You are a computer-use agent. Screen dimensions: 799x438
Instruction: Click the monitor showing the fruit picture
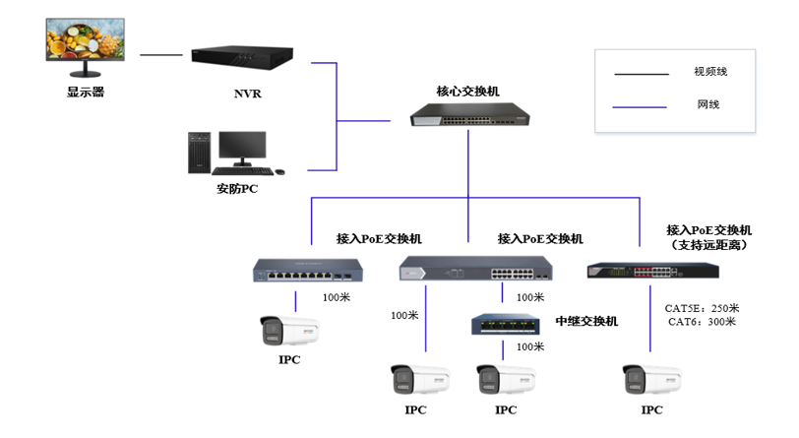tap(85, 47)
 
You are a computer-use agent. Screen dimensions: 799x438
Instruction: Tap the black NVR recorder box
tap(242, 57)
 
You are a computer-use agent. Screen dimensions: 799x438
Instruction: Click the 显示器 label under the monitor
tap(86, 93)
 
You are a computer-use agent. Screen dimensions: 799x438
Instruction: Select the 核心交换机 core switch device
tap(469, 114)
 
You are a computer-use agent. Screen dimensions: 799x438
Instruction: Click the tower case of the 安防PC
tap(199, 153)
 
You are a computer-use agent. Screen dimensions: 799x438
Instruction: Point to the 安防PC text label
tap(237, 189)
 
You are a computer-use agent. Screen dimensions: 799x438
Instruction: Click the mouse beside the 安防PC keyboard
tap(279, 172)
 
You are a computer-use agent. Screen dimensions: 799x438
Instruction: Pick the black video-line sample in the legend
tap(641, 75)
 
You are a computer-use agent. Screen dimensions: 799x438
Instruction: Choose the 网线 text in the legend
tap(708, 104)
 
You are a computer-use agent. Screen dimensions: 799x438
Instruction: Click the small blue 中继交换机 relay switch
tap(505, 324)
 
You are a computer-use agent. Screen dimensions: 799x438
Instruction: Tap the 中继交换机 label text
tap(586, 321)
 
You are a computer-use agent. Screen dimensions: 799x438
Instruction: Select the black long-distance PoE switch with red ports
tap(652, 271)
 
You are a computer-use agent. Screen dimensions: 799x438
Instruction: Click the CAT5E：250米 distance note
tap(702, 308)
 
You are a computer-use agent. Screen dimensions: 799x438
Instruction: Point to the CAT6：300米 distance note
tap(702, 322)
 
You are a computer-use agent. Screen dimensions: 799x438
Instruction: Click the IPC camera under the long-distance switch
tap(651, 379)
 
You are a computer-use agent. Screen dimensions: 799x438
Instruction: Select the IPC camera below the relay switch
tap(506, 379)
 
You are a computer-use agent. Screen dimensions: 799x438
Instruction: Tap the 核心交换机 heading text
tap(467, 92)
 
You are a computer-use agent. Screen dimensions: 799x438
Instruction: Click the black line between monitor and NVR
tap(161, 54)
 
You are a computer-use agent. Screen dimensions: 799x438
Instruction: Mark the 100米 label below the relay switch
tap(530, 346)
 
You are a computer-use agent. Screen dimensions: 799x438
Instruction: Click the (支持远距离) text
tap(709, 245)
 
